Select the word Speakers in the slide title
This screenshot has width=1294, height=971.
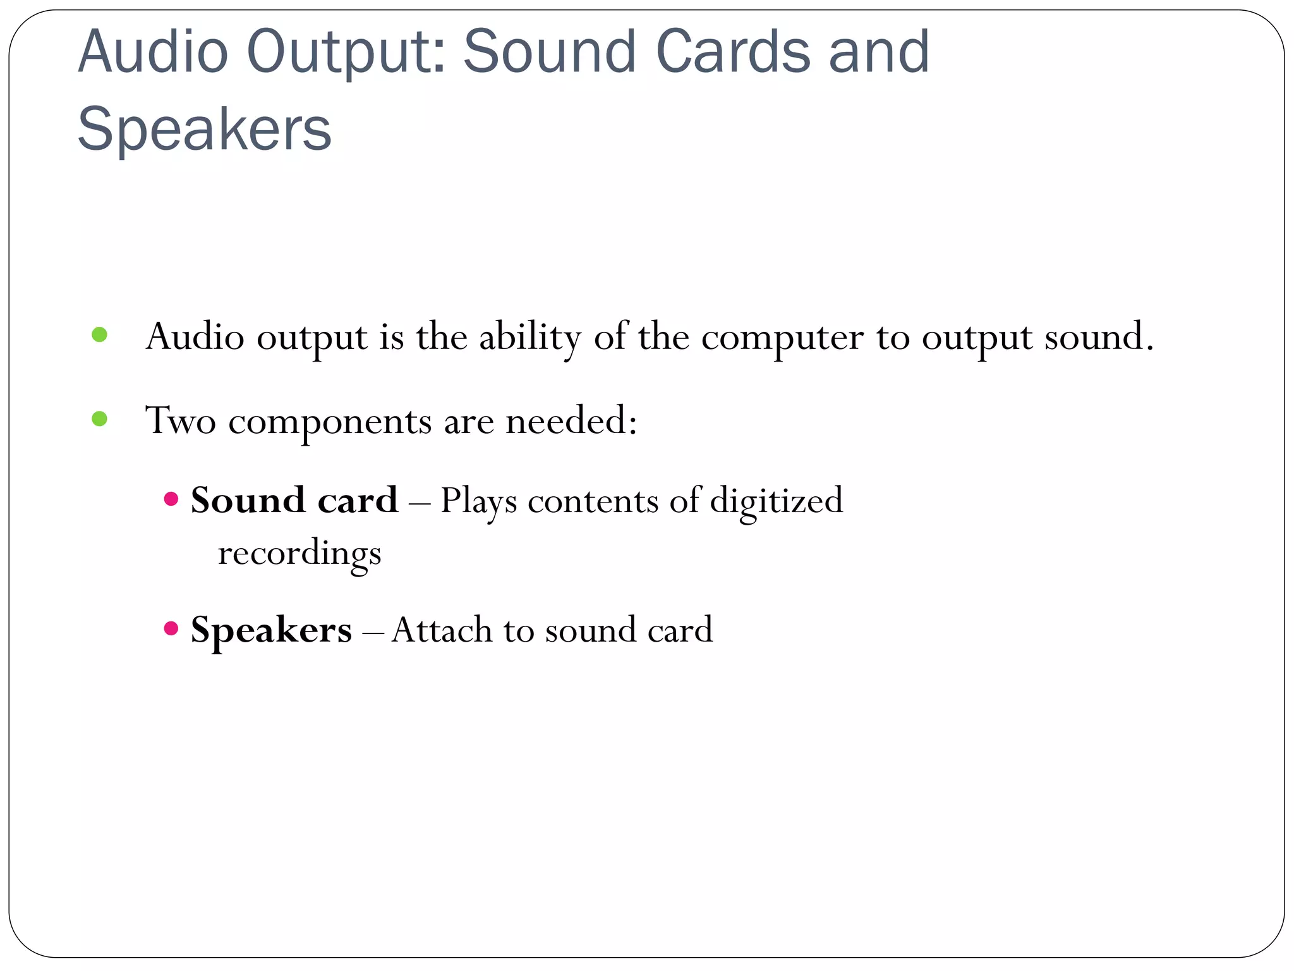(204, 130)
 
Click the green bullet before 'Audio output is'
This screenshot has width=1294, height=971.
(100, 334)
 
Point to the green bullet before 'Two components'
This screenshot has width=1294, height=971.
(100, 418)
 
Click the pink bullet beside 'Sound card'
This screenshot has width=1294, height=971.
(171, 499)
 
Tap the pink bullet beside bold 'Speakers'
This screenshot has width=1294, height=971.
(171, 628)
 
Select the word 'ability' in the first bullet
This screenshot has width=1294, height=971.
(529, 338)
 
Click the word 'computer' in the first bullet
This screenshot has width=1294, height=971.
(782, 338)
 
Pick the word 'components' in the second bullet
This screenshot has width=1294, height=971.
(330, 422)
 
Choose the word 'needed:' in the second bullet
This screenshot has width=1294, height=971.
(571, 420)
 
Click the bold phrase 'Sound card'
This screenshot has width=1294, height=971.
(294, 500)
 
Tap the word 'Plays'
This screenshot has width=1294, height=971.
(478, 502)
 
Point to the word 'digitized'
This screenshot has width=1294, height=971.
(777, 502)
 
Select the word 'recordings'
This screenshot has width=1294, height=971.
(299, 554)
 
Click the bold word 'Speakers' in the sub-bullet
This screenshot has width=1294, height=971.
(271, 630)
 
